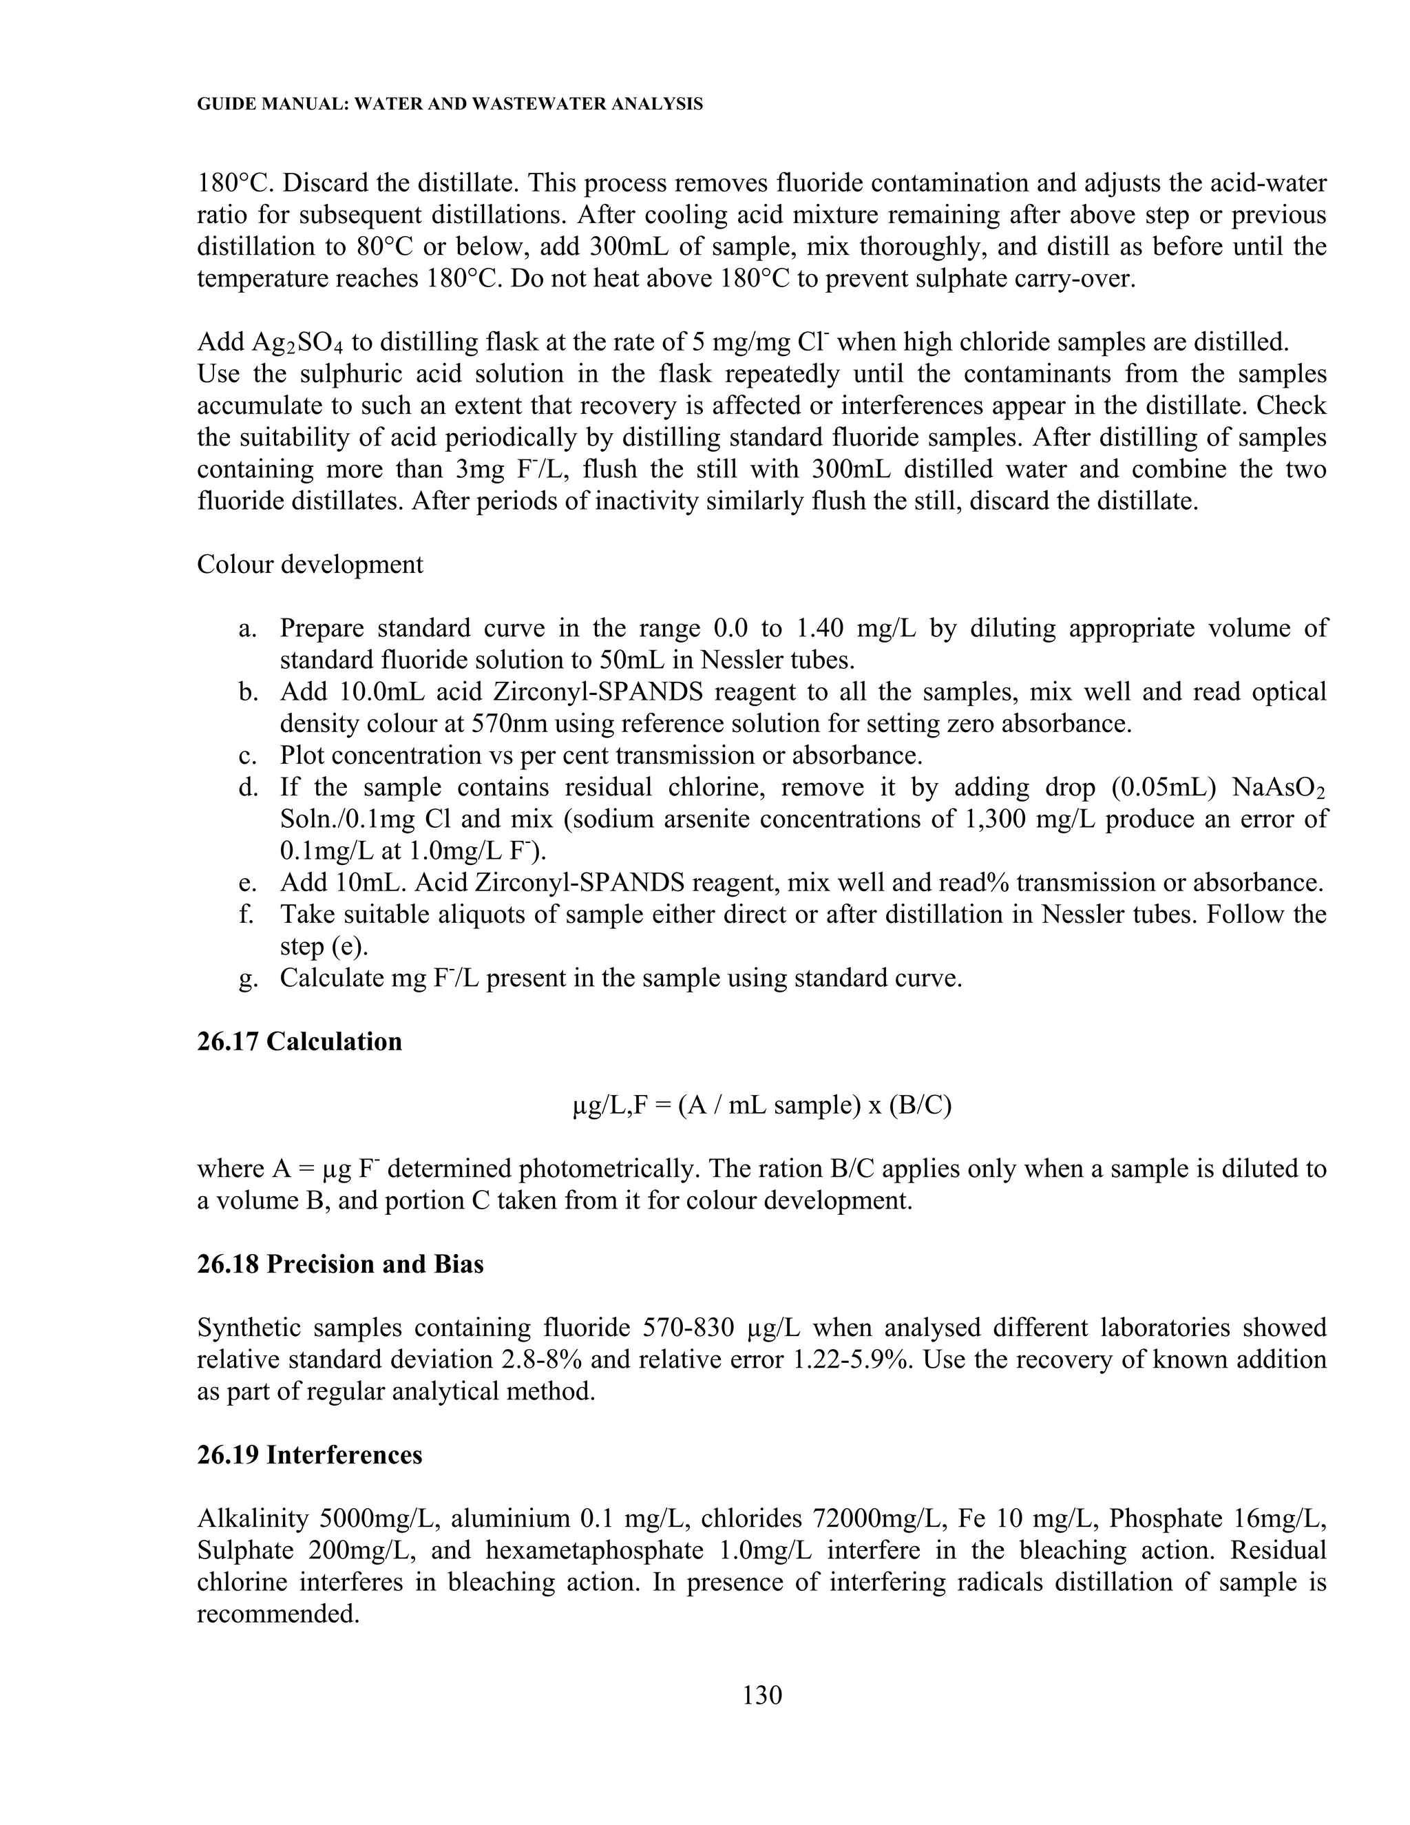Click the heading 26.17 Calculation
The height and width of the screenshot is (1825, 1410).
[299, 1041]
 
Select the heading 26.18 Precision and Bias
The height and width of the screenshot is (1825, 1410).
[340, 1264]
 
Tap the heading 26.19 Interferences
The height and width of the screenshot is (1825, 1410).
[309, 1454]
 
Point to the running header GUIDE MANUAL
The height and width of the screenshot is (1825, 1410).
[450, 105]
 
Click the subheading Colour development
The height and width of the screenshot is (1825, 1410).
[310, 564]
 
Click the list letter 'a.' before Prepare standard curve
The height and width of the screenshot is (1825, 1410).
[246, 628]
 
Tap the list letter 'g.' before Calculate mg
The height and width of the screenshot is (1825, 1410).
[246, 979]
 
